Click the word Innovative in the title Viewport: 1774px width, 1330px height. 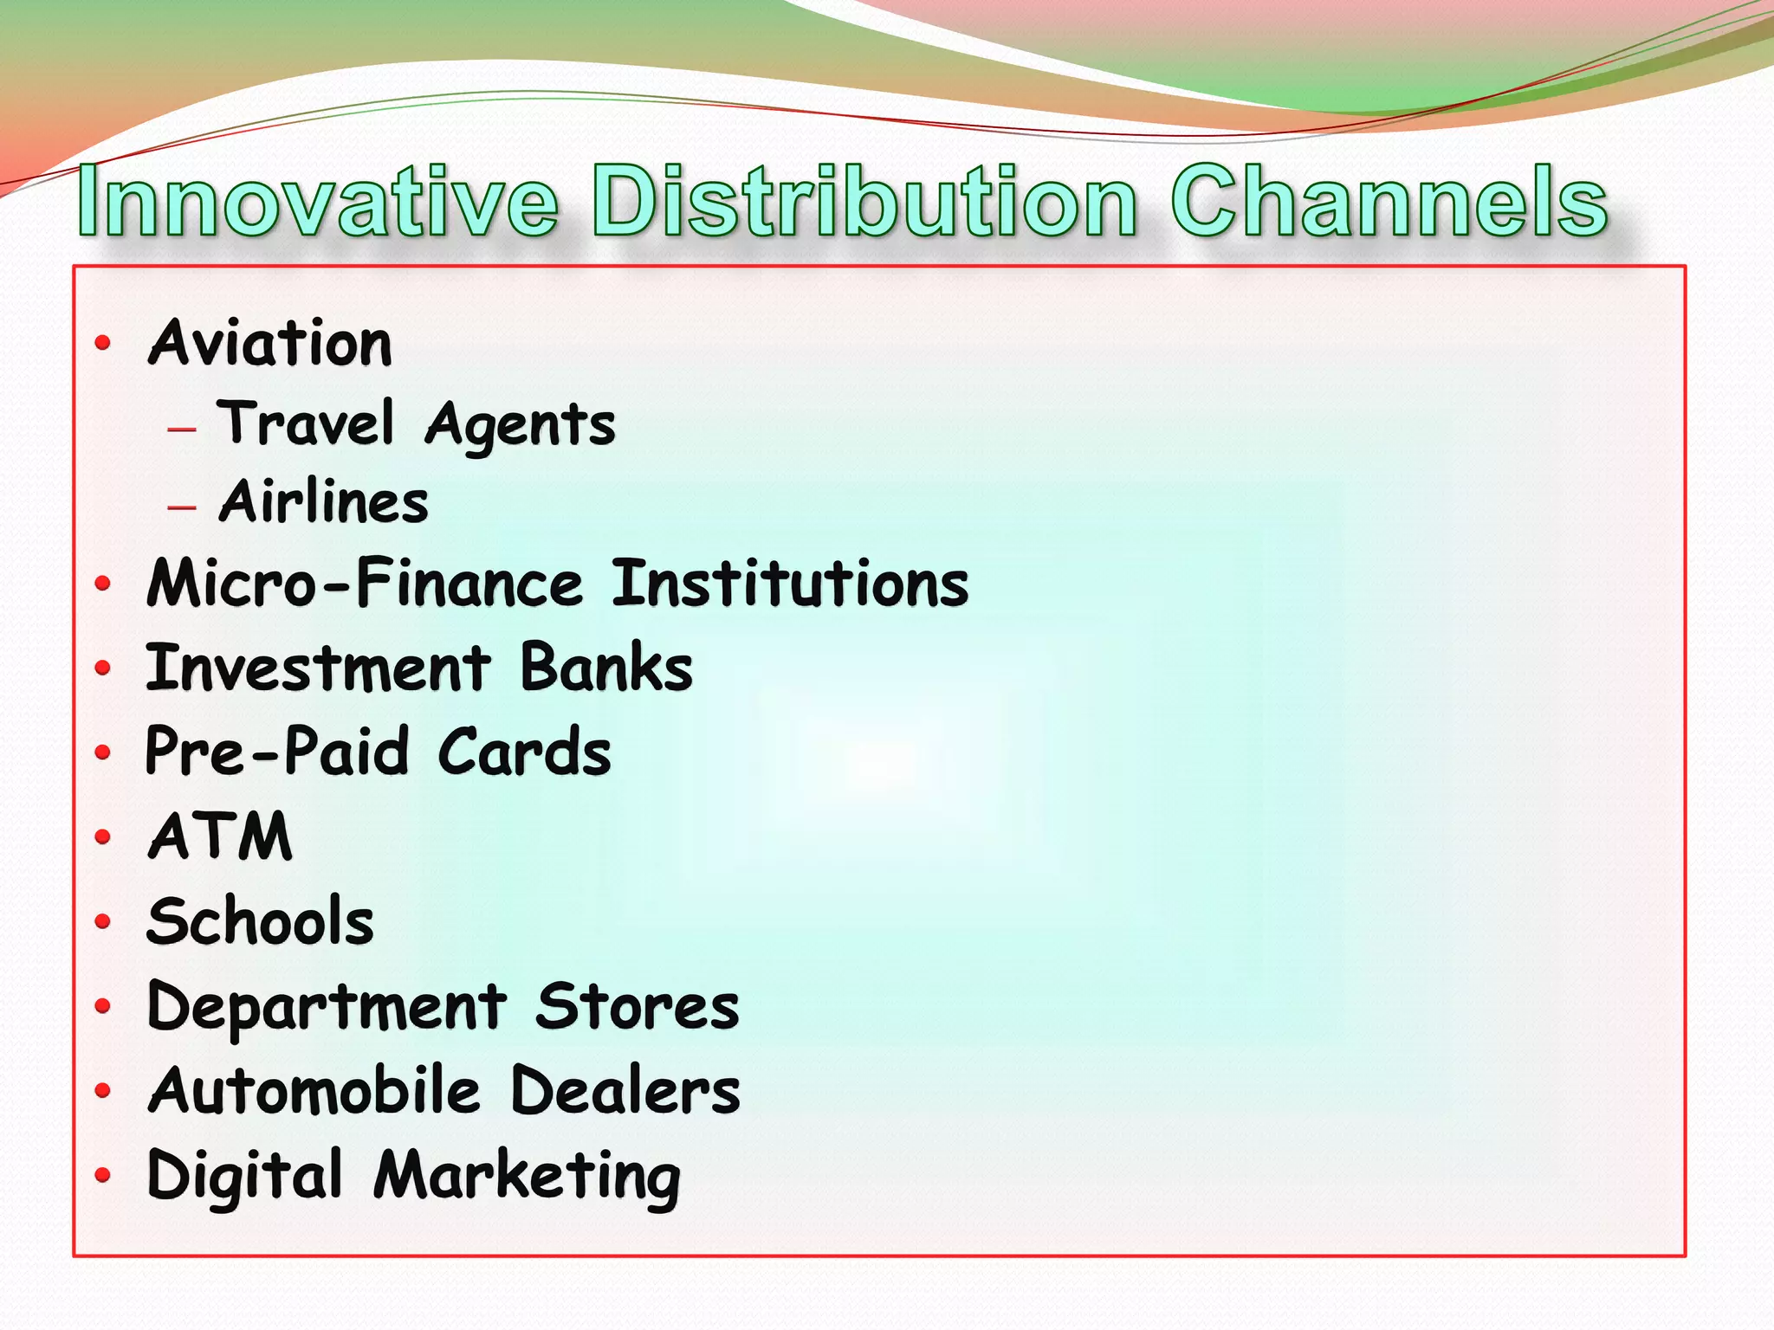click(318, 202)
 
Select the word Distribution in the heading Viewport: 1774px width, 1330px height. click(864, 202)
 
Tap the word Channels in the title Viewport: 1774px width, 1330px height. click(1389, 202)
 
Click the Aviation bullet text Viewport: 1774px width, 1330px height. click(270, 343)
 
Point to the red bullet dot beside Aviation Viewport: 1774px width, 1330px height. click(103, 344)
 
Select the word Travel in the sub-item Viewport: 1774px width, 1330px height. click(306, 423)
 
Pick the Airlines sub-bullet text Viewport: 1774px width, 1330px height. click(324, 502)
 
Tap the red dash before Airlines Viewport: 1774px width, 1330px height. click(182, 506)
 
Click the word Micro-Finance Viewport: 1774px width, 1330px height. click(365, 583)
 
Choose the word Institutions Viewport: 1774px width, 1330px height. click(790, 583)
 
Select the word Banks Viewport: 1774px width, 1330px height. click(606, 668)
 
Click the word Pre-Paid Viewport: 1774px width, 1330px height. click(276, 751)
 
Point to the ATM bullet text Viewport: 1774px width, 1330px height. click(220, 836)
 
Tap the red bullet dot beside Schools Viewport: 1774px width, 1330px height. click(103, 920)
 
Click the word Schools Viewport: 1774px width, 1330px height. click(261, 920)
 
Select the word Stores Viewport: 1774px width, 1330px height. click(637, 1006)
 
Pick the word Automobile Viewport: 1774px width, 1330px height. click(314, 1090)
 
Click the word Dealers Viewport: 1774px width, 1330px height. click(625, 1090)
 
